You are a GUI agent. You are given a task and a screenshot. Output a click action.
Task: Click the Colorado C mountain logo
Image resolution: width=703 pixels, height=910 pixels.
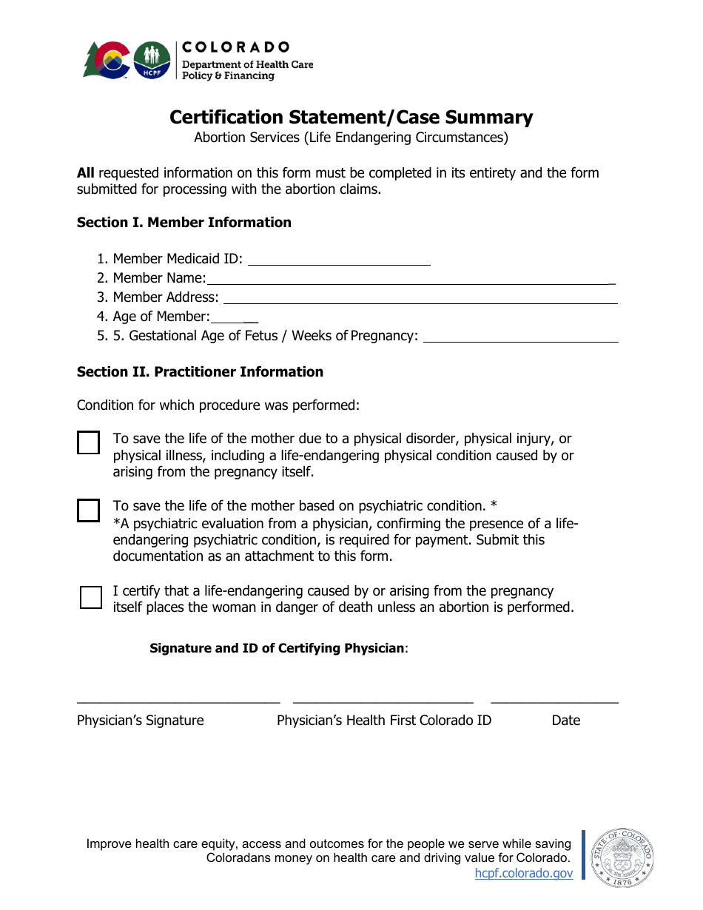point(107,60)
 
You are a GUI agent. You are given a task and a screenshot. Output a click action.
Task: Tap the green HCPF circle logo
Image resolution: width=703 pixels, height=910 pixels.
point(152,60)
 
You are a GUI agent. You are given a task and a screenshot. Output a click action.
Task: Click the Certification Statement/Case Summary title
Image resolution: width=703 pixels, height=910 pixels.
point(351,118)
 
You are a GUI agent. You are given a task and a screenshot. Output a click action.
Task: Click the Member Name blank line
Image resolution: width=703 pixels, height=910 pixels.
point(410,278)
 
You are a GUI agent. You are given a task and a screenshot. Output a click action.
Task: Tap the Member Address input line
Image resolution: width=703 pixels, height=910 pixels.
point(420,297)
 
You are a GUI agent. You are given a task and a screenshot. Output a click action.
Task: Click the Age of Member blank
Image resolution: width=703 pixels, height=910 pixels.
point(234,317)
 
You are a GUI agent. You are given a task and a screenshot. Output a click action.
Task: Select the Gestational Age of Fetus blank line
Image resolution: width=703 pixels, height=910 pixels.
point(520,336)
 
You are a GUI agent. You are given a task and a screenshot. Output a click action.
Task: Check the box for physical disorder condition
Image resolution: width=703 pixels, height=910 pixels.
point(89,442)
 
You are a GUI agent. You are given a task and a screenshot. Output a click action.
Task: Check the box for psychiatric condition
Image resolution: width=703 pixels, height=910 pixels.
point(89,510)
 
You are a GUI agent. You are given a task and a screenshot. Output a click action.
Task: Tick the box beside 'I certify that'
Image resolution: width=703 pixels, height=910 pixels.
point(90,597)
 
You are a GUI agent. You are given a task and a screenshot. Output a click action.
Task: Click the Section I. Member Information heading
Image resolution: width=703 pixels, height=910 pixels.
point(184,223)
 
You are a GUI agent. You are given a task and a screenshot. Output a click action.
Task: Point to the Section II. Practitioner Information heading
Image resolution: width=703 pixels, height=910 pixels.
point(200,372)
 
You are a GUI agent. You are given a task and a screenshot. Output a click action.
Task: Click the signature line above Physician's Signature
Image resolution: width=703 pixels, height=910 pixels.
point(178,700)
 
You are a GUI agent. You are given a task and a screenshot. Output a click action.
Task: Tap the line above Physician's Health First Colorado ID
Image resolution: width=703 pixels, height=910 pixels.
point(383,700)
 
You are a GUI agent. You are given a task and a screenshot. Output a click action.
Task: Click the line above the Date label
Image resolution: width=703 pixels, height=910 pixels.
point(554,700)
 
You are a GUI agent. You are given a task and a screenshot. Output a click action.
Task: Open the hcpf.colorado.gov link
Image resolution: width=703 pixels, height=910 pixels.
point(523,873)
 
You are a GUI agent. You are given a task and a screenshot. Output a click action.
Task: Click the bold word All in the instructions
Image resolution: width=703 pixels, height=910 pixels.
point(86,173)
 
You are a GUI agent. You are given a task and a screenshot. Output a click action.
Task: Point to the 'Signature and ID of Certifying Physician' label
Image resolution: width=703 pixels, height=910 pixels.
point(277,649)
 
